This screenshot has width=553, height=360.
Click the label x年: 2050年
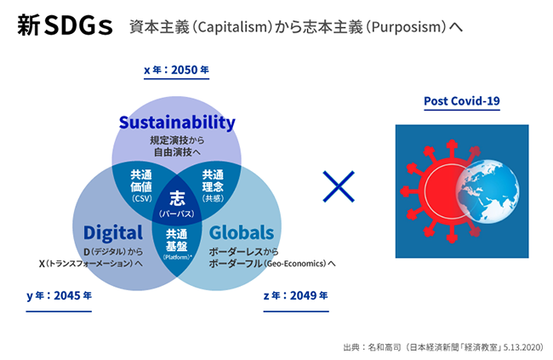[x=175, y=71]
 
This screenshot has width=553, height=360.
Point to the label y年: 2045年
[x=59, y=295]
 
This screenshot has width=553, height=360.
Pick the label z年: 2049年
[x=295, y=295]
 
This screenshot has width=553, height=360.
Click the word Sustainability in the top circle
[x=177, y=123]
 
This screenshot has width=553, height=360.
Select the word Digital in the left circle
[x=111, y=231]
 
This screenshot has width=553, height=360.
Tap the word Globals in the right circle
[x=242, y=231]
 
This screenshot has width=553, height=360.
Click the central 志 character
[x=177, y=198]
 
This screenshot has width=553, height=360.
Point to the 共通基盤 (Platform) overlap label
[x=177, y=242]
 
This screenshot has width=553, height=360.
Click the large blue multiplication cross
[x=338, y=186]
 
